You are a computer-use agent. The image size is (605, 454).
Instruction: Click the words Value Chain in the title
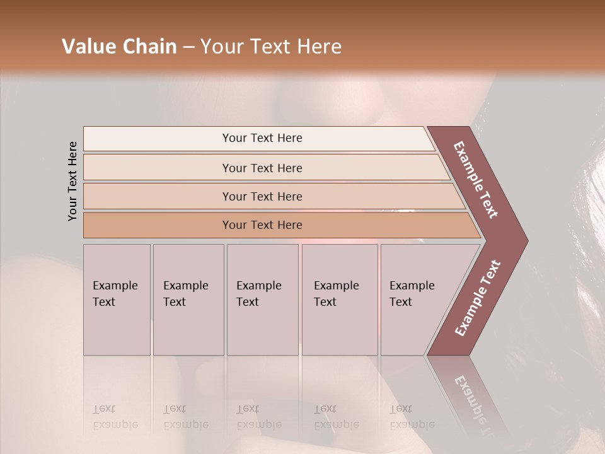click(119, 47)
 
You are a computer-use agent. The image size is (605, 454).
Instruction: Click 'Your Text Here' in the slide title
click(271, 47)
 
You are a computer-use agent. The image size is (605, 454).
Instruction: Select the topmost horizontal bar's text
click(262, 138)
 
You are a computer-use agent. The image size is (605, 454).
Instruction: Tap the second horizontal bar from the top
click(262, 168)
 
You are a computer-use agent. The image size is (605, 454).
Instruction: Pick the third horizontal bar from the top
click(262, 197)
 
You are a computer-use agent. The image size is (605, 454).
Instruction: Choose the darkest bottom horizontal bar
click(262, 225)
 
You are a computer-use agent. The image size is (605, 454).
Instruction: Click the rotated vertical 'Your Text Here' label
click(72, 181)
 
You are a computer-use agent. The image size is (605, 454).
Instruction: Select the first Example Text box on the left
click(116, 294)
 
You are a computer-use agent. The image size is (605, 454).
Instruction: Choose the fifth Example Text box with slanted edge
click(412, 294)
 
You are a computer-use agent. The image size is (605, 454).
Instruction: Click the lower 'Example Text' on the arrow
click(478, 298)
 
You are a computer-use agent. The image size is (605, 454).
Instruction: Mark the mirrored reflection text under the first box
click(115, 416)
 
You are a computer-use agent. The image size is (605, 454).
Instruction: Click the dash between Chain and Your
click(188, 47)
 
